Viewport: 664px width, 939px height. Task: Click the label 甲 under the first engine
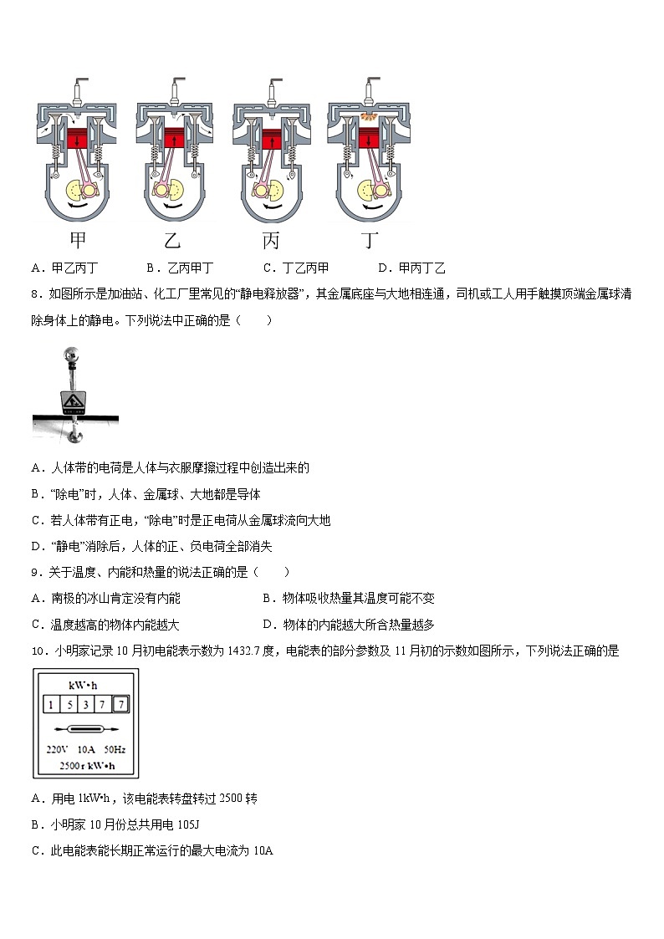78,241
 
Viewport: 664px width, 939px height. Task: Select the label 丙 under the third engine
271,241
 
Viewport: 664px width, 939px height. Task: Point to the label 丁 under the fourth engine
370,241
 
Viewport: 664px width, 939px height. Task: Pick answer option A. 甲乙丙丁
64,268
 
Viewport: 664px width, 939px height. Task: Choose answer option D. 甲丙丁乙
411,268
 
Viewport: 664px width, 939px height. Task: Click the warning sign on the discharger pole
73,402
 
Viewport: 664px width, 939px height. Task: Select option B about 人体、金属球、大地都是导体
146,494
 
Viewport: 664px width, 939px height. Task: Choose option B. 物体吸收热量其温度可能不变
348,599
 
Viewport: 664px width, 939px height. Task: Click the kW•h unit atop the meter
84,686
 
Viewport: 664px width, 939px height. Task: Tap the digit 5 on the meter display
69,705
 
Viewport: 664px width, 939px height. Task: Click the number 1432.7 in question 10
253,651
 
